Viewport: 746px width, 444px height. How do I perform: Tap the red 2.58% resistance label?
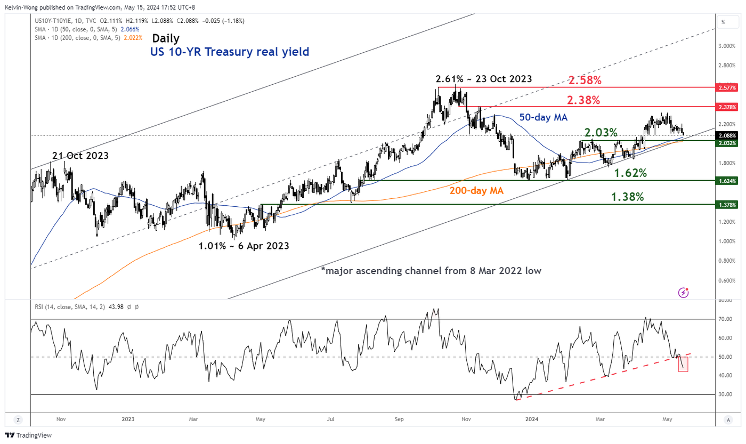pyautogui.click(x=585, y=80)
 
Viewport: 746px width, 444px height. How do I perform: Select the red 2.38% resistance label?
pyautogui.click(x=583, y=100)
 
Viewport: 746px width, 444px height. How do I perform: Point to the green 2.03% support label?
pyautogui.click(x=601, y=132)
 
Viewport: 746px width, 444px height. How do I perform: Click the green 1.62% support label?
pyautogui.click(x=630, y=173)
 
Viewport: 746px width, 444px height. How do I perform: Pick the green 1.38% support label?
pyautogui.click(x=627, y=197)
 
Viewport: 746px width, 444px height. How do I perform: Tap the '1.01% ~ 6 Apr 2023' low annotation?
pyautogui.click(x=244, y=246)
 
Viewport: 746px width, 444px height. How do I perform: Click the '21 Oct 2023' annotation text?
pyautogui.click(x=80, y=156)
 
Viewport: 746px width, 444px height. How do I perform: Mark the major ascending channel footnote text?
pyautogui.click(x=431, y=271)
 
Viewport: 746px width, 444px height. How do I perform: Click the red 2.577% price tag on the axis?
pyautogui.click(x=728, y=87)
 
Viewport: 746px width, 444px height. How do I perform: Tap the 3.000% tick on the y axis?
pyautogui.click(x=727, y=46)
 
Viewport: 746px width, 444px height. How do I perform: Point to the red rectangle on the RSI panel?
pyautogui.click(x=683, y=364)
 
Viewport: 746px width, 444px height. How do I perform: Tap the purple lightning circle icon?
pyautogui.click(x=684, y=293)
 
